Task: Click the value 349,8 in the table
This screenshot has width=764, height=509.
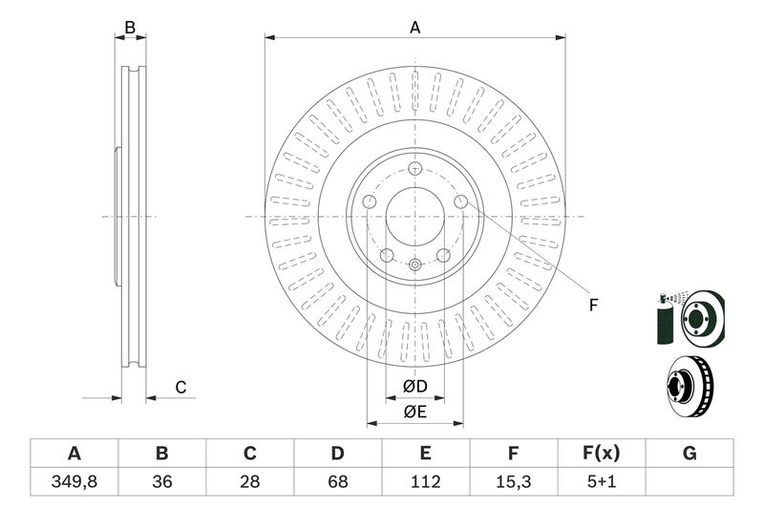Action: click(x=74, y=481)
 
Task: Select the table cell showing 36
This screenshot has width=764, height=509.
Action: click(x=161, y=481)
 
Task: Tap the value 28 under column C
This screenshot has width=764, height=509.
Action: click(x=250, y=481)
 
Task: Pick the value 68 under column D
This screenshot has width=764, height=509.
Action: click(x=338, y=481)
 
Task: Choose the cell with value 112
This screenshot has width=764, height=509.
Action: click(x=426, y=481)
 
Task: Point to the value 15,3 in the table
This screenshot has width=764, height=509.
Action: click(x=514, y=481)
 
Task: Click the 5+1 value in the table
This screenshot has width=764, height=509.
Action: click(x=602, y=481)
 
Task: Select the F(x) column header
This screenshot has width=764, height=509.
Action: click(x=602, y=454)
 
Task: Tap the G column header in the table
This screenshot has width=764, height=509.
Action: click(x=690, y=454)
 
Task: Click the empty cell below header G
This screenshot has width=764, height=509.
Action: click(x=690, y=481)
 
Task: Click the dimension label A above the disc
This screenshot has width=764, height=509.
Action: click(x=415, y=28)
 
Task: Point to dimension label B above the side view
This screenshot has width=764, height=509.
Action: click(x=132, y=28)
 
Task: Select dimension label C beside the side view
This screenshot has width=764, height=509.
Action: click(x=180, y=387)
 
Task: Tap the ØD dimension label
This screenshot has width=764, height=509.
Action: click(x=414, y=387)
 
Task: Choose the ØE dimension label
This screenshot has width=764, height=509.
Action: click(x=414, y=412)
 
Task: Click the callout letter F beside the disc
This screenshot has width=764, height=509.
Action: click(x=592, y=306)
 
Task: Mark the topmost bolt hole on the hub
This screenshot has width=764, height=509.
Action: click(x=414, y=169)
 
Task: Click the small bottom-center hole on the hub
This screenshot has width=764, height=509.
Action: click(x=414, y=265)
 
